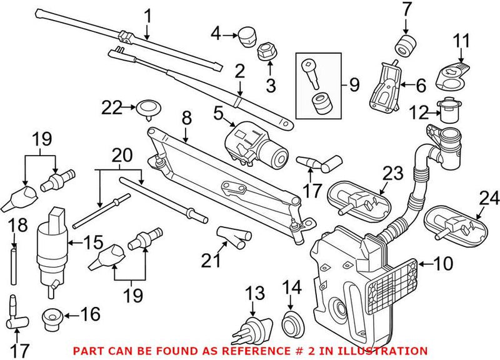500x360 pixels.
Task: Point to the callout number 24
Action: tap(489, 199)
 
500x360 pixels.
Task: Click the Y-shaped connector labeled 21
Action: tap(229, 238)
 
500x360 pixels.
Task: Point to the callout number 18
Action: tap(18, 225)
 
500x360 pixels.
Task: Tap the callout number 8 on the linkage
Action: tap(186, 116)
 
